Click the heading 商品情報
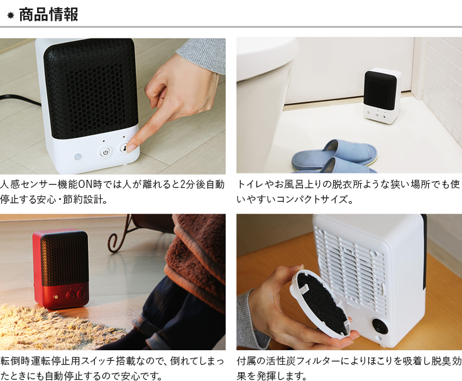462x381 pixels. tap(48, 14)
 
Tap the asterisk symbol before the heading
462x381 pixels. tap(11, 16)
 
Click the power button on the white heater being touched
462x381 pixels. tap(105, 152)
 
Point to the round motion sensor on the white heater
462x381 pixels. tap(79, 157)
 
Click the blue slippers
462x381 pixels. tap(334, 158)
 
